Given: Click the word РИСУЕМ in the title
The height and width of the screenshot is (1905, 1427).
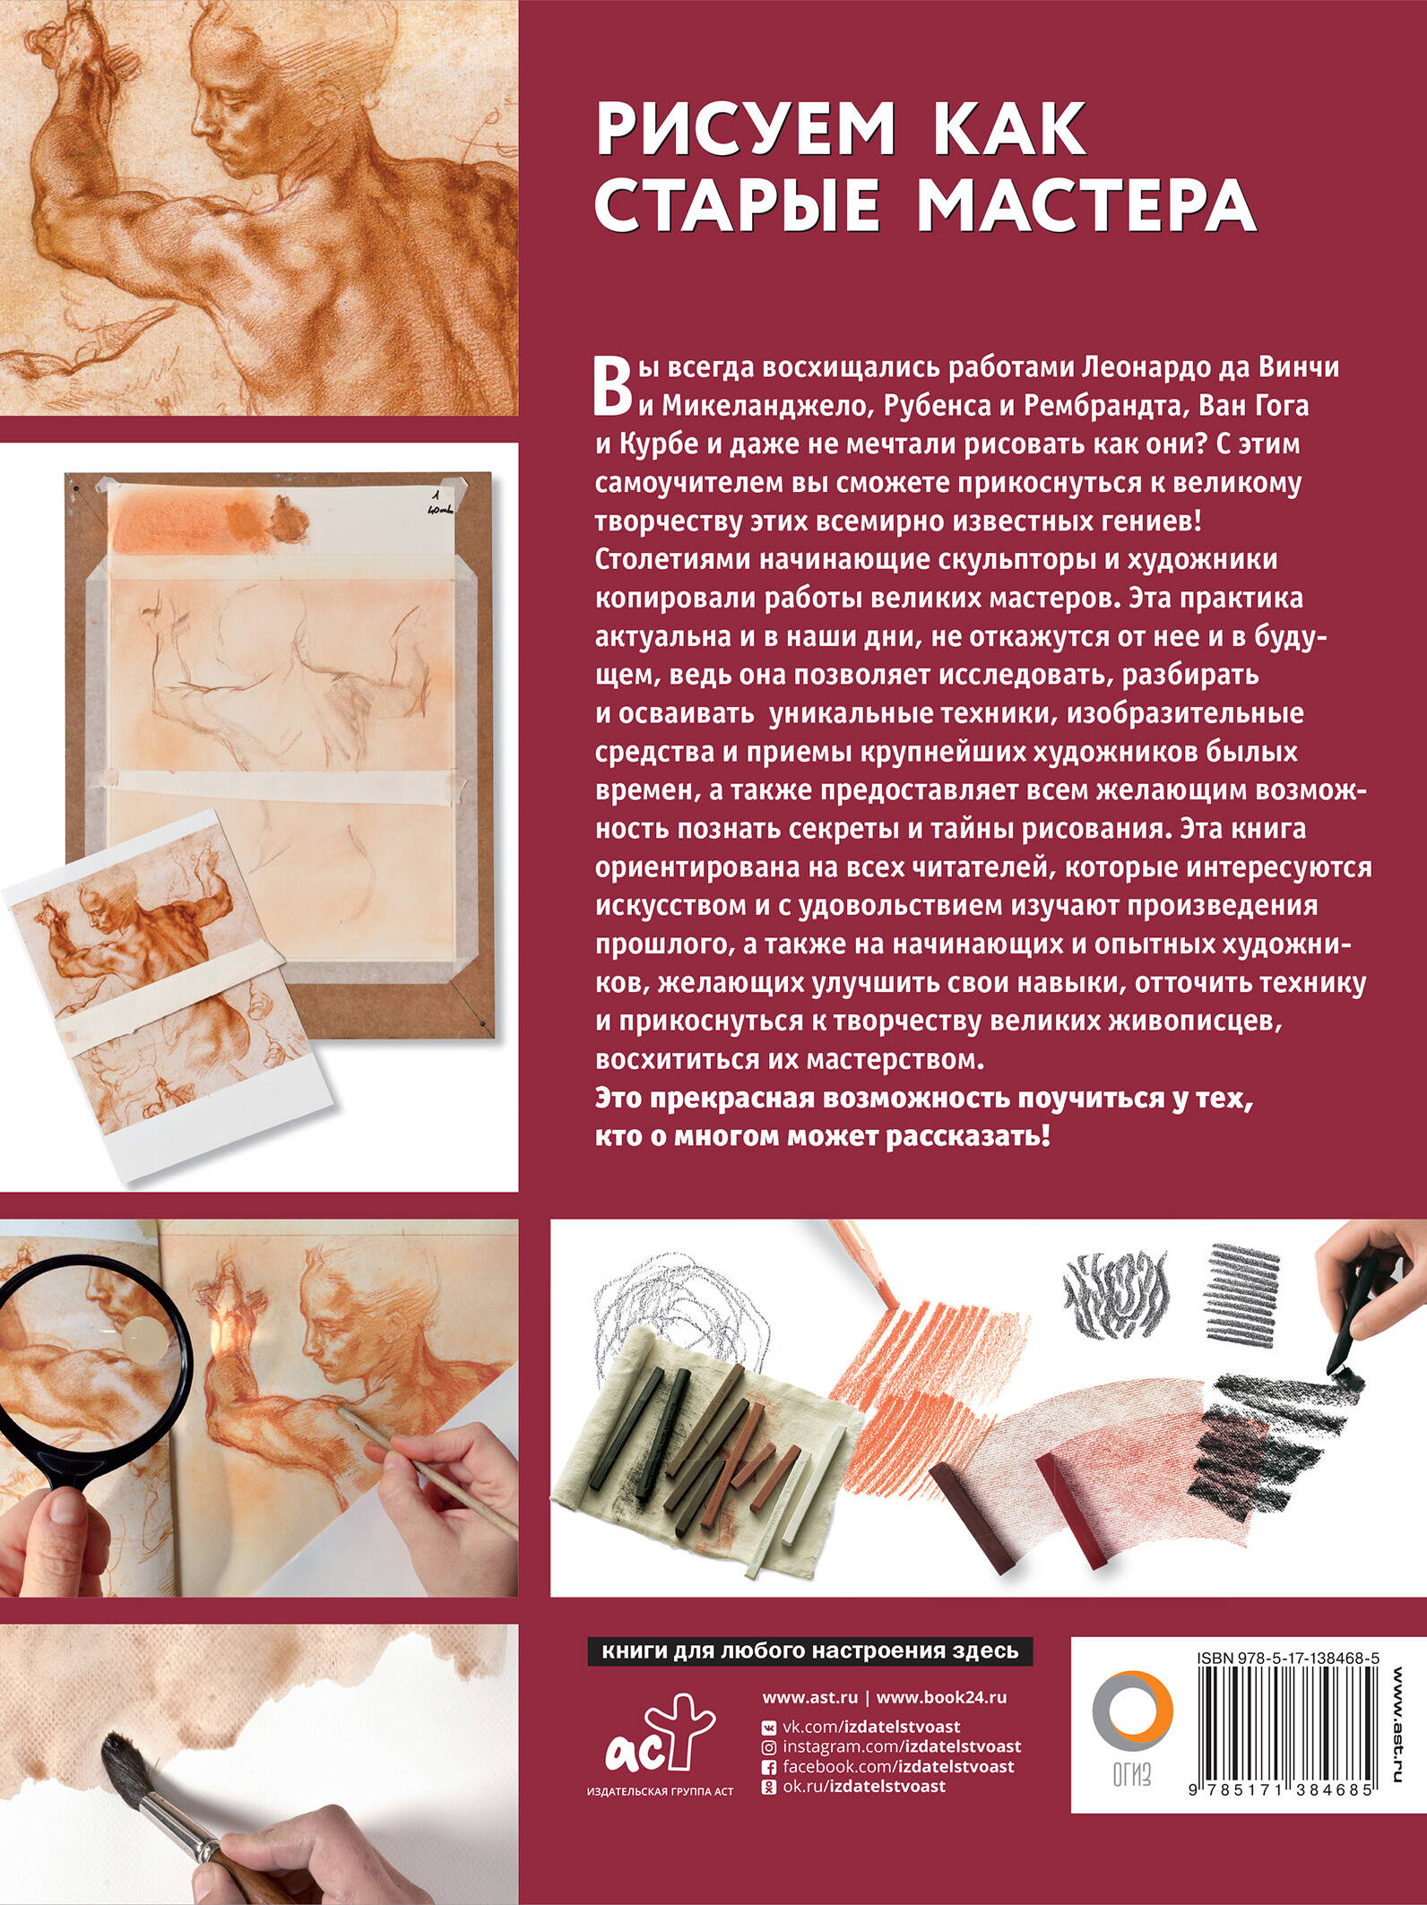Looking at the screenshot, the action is [746, 130].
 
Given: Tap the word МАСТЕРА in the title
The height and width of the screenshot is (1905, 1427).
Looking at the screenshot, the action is [1086, 205].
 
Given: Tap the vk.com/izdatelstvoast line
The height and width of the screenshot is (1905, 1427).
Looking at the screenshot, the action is [861, 1727].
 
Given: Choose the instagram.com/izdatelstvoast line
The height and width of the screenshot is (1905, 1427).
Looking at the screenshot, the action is [891, 1747].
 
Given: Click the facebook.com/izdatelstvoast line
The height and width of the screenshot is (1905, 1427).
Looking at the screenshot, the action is [887, 1767].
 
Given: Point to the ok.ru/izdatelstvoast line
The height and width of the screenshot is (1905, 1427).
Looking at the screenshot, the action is [853, 1787].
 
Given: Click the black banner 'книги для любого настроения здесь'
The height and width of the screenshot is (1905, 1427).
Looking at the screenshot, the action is [810, 1651].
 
